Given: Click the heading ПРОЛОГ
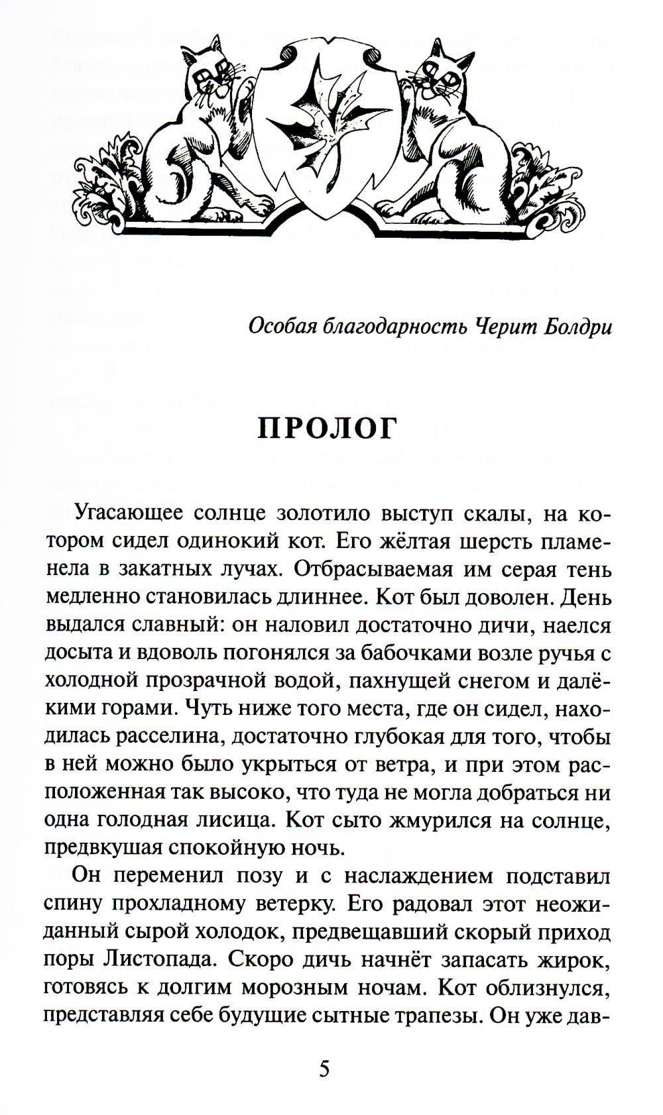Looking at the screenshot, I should point(326,429).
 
